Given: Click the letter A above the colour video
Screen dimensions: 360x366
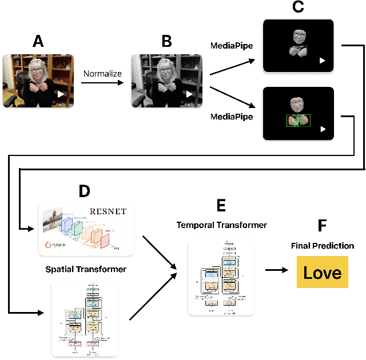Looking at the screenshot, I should click(x=38, y=41).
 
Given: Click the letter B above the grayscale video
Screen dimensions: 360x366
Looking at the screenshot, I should click(x=166, y=41).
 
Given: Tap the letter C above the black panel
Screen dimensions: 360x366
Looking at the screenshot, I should click(x=297, y=7).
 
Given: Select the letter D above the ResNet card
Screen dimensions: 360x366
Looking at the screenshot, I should click(x=84, y=191).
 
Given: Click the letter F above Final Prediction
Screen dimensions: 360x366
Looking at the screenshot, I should click(x=322, y=226).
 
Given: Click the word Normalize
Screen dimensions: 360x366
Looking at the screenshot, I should click(x=102, y=74).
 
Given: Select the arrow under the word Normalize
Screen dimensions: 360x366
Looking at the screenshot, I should click(x=102, y=83).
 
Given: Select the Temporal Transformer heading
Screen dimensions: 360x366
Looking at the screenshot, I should click(x=221, y=225).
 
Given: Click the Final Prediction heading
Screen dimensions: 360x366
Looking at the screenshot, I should click(x=322, y=246).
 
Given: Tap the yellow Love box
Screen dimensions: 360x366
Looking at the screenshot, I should click(x=322, y=272).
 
